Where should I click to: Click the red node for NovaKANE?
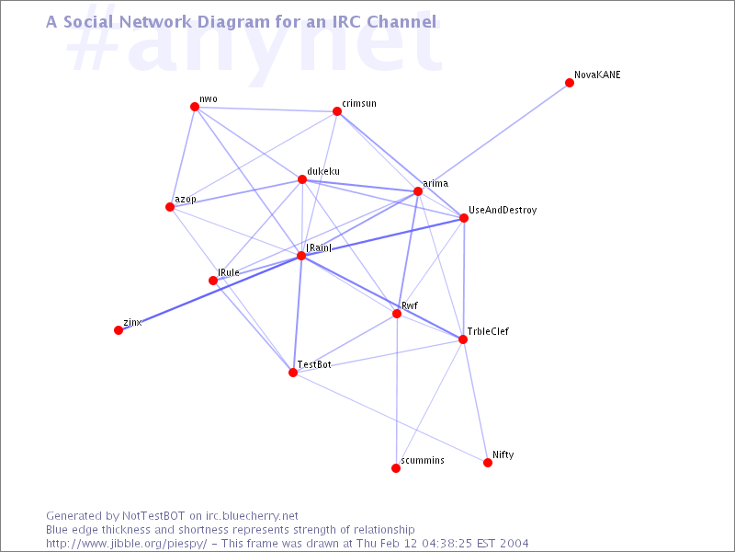[x=570, y=83]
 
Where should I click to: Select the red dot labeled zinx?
[x=119, y=330]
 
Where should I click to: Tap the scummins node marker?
[x=396, y=468]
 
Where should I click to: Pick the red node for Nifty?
[x=488, y=463]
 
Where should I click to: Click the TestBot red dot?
[x=293, y=373]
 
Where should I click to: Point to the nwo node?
[x=195, y=107]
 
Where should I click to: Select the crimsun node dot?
[x=337, y=111]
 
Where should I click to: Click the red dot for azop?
[x=170, y=207]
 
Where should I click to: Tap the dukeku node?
[x=302, y=179]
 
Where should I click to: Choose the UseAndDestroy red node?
[x=464, y=218]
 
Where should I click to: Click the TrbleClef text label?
[x=488, y=331]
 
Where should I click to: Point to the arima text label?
[x=435, y=183]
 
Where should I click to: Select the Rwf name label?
[x=410, y=305]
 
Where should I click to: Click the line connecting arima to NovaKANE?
[x=493, y=137]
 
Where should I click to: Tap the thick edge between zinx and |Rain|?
[x=210, y=293]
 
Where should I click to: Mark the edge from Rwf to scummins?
[x=397, y=391]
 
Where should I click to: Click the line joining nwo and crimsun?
[x=266, y=109]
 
